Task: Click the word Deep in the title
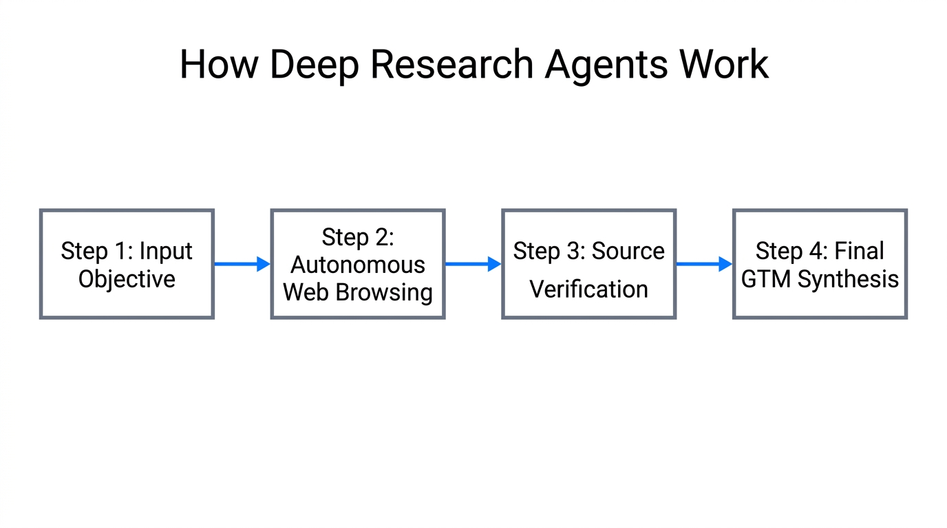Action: pyautogui.click(x=313, y=65)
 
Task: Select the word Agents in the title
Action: pyautogui.click(x=606, y=65)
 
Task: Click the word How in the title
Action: pyautogui.click(x=219, y=65)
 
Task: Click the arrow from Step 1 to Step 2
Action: pyautogui.click(x=242, y=264)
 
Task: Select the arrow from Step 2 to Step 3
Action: pyautogui.click(x=473, y=264)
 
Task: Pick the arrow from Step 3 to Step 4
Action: pyautogui.click(x=703, y=264)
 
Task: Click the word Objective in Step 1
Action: pyautogui.click(x=127, y=279)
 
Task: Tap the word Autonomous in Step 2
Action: pyautogui.click(x=358, y=265)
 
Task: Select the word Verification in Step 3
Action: pyautogui.click(x=589, y=289)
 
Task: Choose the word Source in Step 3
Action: pyautogui.click(x=628, y=251)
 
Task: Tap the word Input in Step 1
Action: pyautogui.click(x=166, y=251)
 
